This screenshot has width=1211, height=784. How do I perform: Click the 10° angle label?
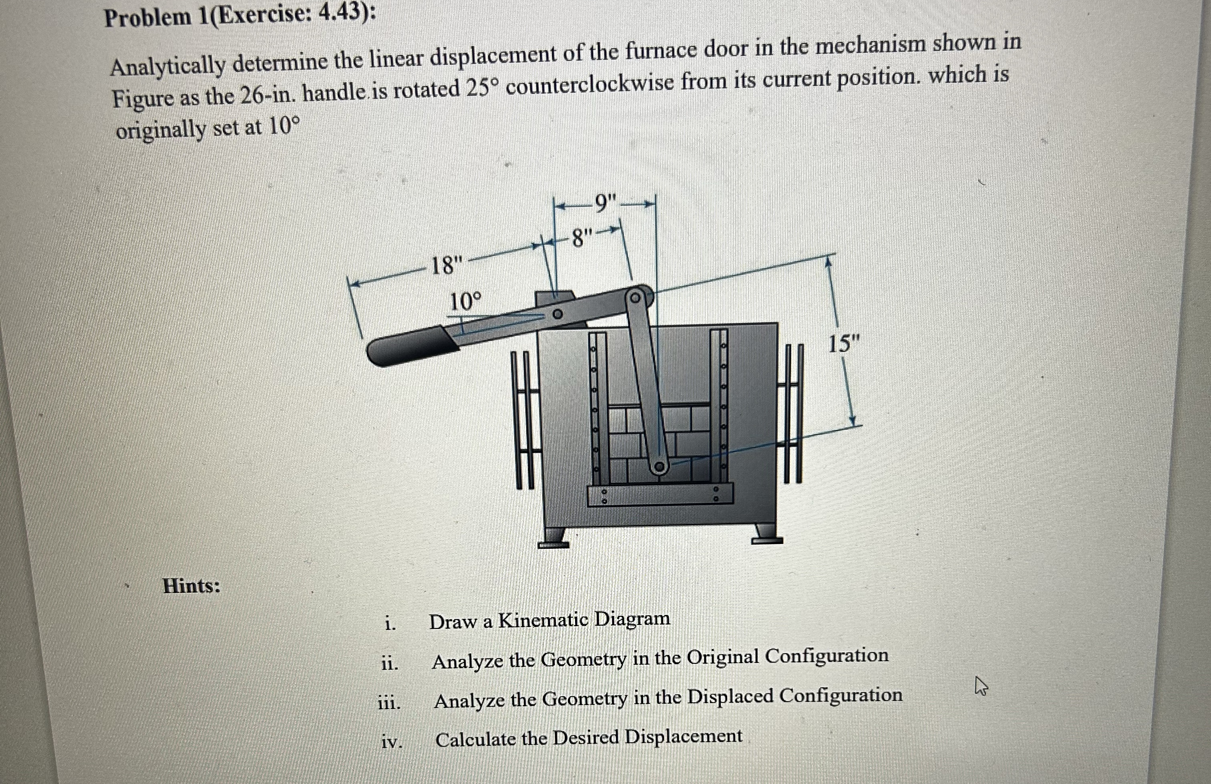coord(465,302)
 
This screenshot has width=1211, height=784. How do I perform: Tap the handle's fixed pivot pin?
coord(558,314)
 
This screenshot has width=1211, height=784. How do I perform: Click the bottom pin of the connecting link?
coord(659,466)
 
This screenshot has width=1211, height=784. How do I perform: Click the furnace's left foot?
coord(553,538)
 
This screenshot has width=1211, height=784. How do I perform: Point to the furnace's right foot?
coord(767,534)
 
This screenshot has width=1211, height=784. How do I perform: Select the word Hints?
coord(192,586)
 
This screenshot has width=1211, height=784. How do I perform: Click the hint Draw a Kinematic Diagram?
coord(549,621)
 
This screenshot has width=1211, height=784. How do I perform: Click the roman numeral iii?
coord(389,703)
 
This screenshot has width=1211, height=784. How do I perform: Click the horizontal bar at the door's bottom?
coord(660,495)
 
